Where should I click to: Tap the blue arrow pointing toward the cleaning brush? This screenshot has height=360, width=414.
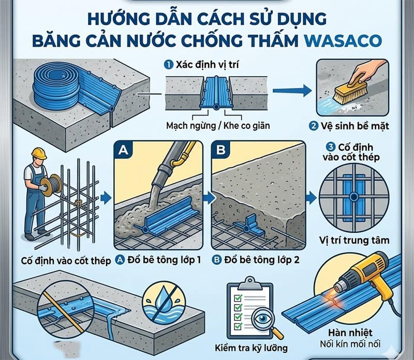(x=292, y=91)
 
